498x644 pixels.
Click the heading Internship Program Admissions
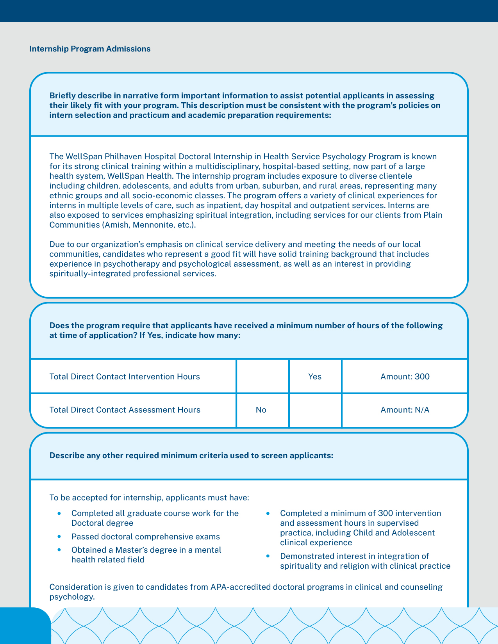[90, 49]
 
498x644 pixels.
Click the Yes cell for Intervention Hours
[315, 377]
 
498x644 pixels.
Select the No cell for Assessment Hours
[261, 410]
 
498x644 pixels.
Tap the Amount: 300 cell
[405, 377]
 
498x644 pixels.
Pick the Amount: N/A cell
[405, 410]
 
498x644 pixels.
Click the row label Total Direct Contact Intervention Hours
[125, 377]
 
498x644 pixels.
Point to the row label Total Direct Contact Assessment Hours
[125, 410]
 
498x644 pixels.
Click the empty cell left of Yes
[262, 376]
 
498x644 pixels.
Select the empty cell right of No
[315, 410]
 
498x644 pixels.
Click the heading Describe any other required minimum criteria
[191, 455]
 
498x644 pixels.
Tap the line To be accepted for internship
[149, 498]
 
